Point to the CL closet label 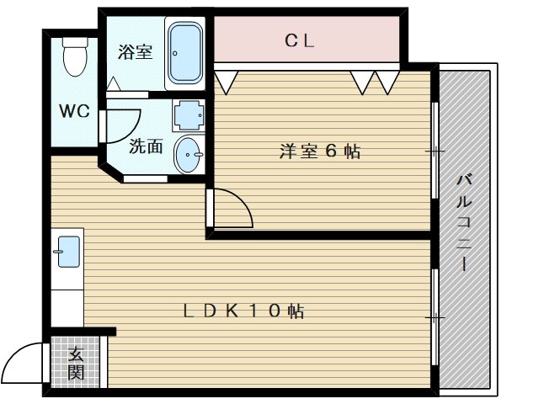(x=299, y=40)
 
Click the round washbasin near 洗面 (x=189, y=154)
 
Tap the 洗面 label (x=146, y=146)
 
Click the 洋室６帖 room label (x=320, y=151)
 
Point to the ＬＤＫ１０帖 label (x=244, y=311)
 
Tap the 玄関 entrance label (x=77, y=363)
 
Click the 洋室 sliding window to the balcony (x=435, y=151)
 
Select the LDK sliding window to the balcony (x=435, y=317)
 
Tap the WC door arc (x=104, y=125)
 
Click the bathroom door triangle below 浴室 (x=114, y=85)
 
